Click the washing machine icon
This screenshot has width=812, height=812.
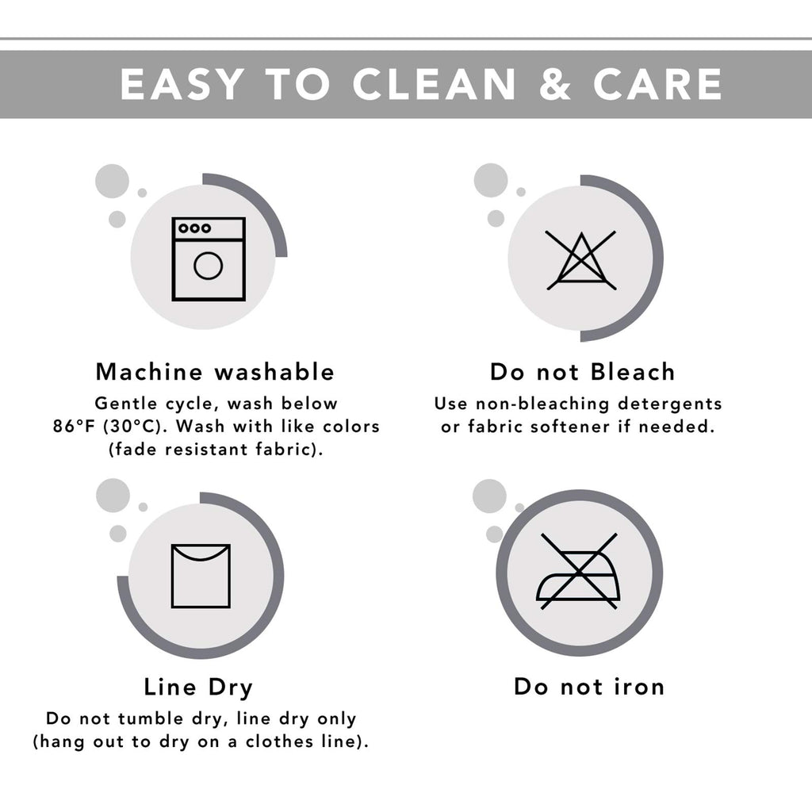tap(209, 259)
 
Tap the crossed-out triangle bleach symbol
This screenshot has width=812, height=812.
tap(581, 260)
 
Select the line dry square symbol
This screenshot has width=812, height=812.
tap(201, 576)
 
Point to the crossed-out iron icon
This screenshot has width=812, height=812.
tap(578, 571)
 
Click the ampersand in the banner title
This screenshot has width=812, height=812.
tap(554, 84)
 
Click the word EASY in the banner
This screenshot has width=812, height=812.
tap(182, 84)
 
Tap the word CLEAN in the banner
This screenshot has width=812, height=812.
tap(434, 84)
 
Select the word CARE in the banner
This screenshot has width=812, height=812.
tap(657, 84)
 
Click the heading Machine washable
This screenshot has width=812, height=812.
tap(215, 372)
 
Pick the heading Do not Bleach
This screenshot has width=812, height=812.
tap(583, 372)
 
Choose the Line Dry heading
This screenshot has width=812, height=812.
tap(198, 688)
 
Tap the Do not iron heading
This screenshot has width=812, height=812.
tap(589, 687)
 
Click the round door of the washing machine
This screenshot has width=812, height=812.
tap(209, 266)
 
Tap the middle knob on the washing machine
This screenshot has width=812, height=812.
tap(195, 228)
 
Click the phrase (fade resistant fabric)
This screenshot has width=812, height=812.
tap(216, 449)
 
